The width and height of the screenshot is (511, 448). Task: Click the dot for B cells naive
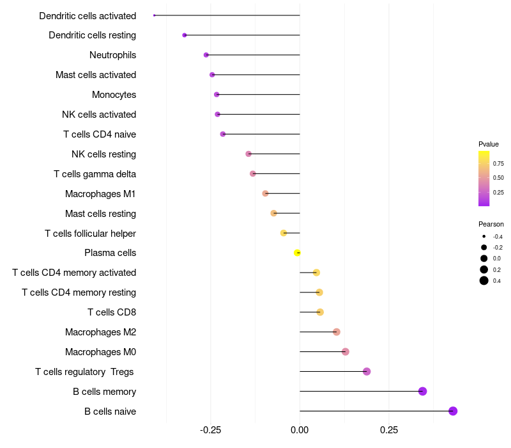click(x=453, y=411)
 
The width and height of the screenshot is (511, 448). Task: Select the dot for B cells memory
click(x=422, y=391)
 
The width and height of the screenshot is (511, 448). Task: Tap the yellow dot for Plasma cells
click(x=297, y=253)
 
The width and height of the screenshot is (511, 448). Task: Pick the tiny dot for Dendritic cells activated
click(x=155, y=15)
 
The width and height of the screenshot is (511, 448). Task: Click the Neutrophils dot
click(x=206, y=55)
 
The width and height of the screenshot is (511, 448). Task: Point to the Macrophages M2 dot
click(x=337, y=332)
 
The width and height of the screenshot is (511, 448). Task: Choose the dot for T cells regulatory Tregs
click(x=367, y=372)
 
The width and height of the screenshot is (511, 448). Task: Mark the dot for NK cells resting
click(x=248, y=154)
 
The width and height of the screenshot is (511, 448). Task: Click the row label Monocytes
click(x=114, y=95)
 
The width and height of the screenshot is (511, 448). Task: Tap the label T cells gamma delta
click(x=95, y=174)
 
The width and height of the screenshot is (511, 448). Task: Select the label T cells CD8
click(x=112, y=312)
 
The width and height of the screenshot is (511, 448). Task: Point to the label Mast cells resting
click(x=100, y=214)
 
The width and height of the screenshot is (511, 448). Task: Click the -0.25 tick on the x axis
click(x=211, y=430)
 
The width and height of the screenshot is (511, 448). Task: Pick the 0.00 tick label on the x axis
click(x=300, y=430)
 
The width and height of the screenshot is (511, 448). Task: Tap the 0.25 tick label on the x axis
click(x=389, y=430)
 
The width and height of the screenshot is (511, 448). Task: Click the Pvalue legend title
click(x=489, y=145)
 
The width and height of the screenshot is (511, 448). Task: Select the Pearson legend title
click(x=491, y=225)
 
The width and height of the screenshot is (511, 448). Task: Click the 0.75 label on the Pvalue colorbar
click(x=498, y=164)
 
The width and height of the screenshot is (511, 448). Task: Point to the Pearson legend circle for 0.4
click(x=484, y=280)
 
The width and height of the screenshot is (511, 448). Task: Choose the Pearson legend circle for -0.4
click(x=484, y=236)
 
